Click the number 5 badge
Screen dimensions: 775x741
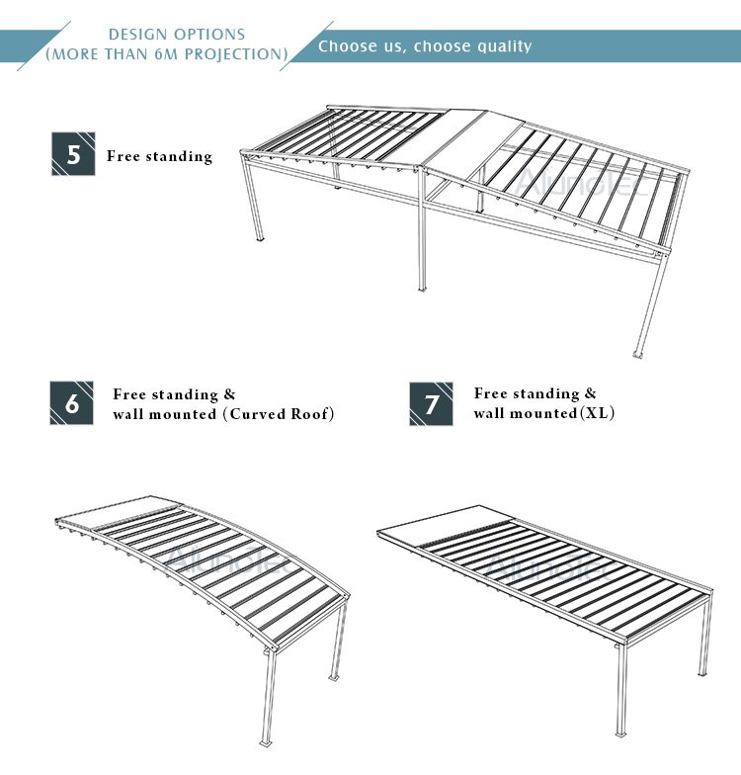(72, 155)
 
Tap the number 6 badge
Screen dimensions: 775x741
(71, 403)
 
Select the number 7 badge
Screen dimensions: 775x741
(431, 403)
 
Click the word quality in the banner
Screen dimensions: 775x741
(496, 46)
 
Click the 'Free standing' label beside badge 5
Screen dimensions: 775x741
(159, 156)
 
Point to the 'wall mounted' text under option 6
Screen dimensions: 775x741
(164, 414)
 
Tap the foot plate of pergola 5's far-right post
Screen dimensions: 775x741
(637, 354)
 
